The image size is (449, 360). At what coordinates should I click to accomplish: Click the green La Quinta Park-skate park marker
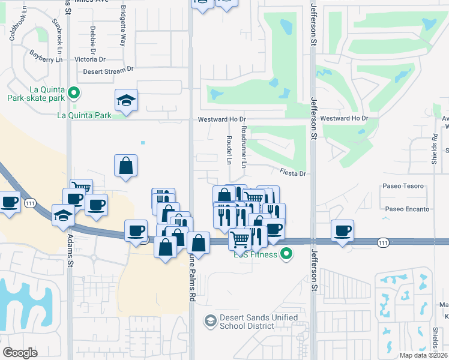74,92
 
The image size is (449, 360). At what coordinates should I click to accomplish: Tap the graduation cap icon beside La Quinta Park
127,99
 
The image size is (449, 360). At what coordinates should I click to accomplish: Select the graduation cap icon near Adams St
63,215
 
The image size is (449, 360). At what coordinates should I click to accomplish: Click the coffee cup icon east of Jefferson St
343,230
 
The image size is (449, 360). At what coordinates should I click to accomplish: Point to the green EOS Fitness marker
287,254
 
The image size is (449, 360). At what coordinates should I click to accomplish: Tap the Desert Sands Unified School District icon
210,321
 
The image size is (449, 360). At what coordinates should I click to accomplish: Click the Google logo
20,353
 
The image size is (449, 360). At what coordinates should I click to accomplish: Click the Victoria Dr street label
90,59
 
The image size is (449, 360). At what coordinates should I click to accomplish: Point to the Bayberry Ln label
46,56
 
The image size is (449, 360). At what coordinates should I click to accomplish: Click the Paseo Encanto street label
408,209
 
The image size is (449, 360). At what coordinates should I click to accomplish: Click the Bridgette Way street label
123,27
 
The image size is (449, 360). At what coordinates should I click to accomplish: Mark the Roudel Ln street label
229,150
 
